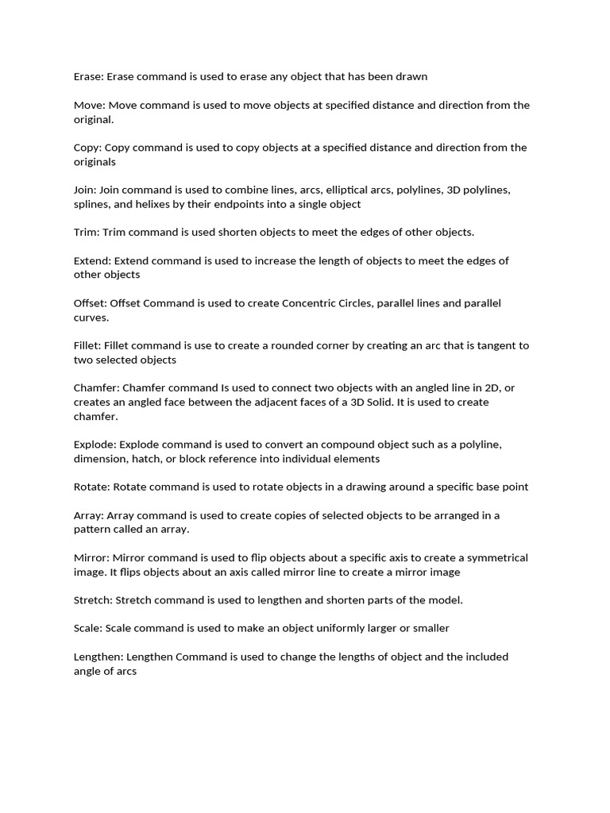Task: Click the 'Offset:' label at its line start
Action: tap(90, 303)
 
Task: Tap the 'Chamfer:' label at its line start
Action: tap(97, 387)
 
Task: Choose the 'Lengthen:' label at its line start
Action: tap(99, 657)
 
